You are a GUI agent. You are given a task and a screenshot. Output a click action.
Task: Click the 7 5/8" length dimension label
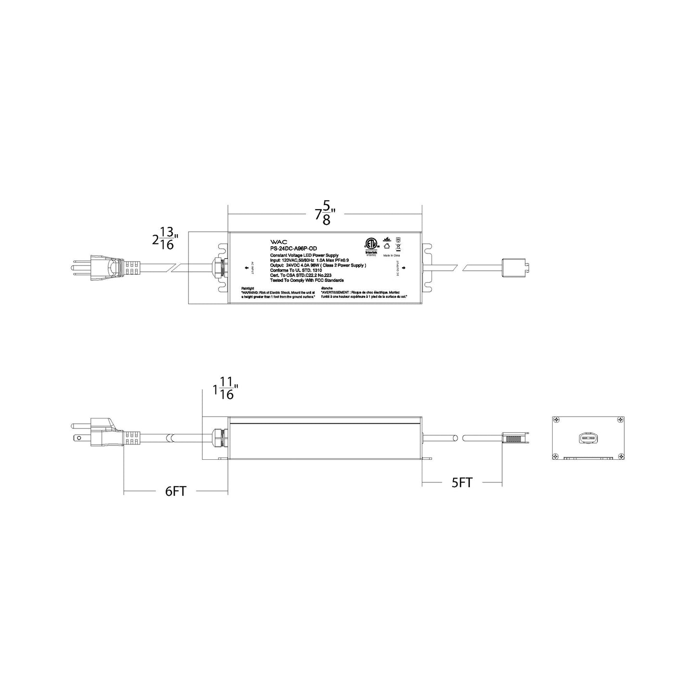pos(325,213)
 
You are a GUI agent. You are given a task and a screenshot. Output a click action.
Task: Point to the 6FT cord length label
pos(176,492)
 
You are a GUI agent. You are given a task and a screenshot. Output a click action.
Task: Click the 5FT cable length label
pos(462,482)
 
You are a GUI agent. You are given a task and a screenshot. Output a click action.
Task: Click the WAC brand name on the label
pos(278,242)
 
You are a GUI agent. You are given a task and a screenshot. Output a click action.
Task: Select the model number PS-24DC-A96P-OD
pos(293,249)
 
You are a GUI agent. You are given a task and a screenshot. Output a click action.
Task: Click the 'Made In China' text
pos(391,256)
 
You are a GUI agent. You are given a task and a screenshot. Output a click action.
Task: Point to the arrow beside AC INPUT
pos(246,267)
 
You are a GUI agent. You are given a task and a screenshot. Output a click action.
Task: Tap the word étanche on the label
pos(327,288)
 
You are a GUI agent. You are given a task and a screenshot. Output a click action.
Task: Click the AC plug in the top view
pos(108,267)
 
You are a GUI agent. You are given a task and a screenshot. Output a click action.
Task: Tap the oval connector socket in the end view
pos(588,438)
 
